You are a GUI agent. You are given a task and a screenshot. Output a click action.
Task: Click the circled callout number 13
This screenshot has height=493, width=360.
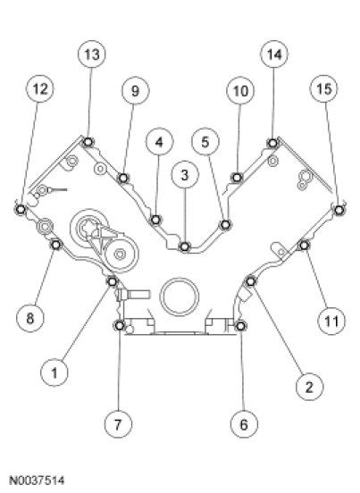[x=92, y=54]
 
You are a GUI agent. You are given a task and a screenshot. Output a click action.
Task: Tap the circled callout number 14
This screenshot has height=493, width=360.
[x=274, y=54]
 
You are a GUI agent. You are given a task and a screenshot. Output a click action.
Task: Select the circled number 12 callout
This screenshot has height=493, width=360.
[x=40, y=88]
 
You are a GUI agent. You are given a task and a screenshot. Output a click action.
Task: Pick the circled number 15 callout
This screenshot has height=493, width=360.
[x=324, y=88]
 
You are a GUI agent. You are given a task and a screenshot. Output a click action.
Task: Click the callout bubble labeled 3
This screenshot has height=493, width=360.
[x=185, y=175]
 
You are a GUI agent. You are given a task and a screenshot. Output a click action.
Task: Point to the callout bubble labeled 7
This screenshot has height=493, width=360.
[x=118, y=424]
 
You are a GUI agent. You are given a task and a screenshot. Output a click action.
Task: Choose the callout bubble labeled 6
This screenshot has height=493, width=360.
[x=244, y=424]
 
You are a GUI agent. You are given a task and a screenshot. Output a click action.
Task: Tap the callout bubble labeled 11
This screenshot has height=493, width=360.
[x=331, y=321]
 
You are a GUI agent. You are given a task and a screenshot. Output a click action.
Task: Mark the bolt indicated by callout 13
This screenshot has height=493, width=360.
[x=88, y=142]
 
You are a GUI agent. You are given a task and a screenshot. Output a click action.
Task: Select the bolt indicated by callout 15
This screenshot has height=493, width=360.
[x=339, y=209]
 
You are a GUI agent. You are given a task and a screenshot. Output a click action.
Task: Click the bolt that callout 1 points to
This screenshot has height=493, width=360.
[x=113, y=281]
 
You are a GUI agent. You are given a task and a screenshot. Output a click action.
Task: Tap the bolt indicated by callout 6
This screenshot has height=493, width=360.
[x=240, y=326]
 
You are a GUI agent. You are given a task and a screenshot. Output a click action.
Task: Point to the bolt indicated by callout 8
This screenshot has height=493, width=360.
[x=56, y=245]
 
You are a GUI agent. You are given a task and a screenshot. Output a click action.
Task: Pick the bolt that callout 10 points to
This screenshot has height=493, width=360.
[x=237, y=178]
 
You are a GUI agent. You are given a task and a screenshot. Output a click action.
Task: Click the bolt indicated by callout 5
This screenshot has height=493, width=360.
[x=225, y=225]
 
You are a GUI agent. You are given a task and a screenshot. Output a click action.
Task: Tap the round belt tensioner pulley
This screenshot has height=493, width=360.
[x=120, y=254]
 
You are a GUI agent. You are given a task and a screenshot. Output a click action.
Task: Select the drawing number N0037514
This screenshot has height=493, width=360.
[x=38, y=480]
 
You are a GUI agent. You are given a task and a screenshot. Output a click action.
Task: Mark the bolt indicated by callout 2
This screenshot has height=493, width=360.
[x=250, y=281]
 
